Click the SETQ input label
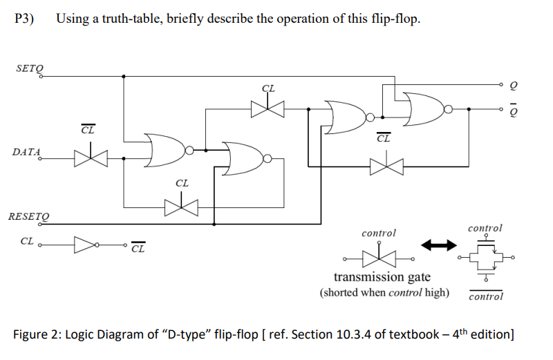28,68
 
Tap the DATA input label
26,151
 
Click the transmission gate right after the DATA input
88,159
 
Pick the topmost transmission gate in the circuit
268,108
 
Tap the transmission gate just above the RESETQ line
181,206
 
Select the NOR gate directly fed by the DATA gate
167,149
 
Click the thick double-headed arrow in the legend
440,245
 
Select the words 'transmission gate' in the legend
382,277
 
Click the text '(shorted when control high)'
384,292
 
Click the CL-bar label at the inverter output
138,248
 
